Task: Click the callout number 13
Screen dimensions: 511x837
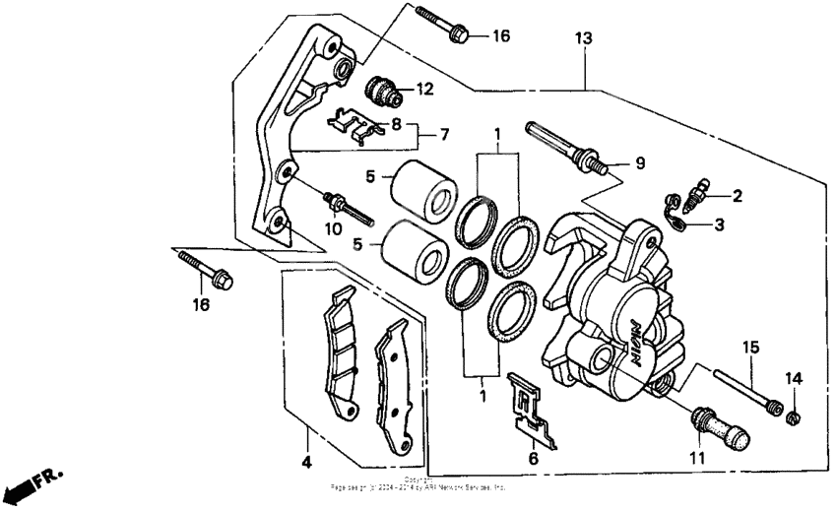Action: [585, 38]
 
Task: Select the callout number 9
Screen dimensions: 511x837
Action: [639, 163]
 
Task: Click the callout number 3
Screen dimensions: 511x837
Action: [719, 224]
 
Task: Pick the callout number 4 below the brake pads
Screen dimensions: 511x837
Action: [306, 462]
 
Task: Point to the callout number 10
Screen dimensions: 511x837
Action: [333, 229]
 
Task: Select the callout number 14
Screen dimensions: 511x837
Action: [793, 378]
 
